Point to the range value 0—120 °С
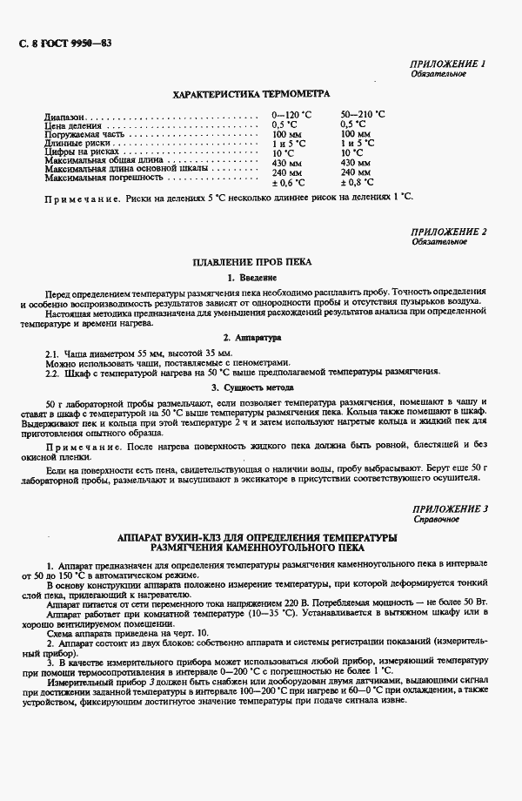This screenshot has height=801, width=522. (292, 115)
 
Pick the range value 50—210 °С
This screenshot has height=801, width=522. (363, 115)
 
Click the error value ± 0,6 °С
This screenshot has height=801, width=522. (288, 183)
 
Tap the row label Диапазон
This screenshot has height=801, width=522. (65, 115)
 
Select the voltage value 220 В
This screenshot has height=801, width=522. (320, 602)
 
